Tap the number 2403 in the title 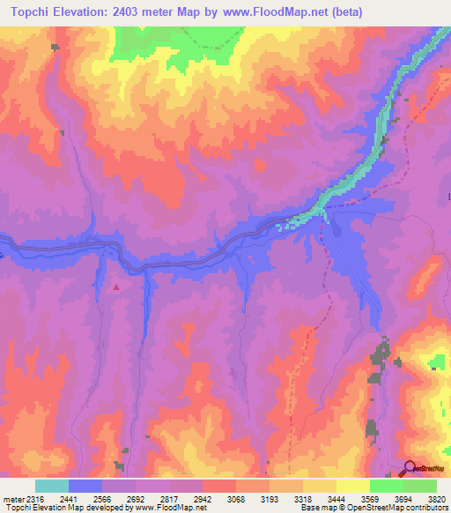click(130, 12)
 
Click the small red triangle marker click(115, 286)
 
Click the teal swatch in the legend click(52, 486)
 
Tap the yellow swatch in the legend click(352, 486)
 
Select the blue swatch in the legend click(85, 486)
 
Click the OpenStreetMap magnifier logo click(410, 467)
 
